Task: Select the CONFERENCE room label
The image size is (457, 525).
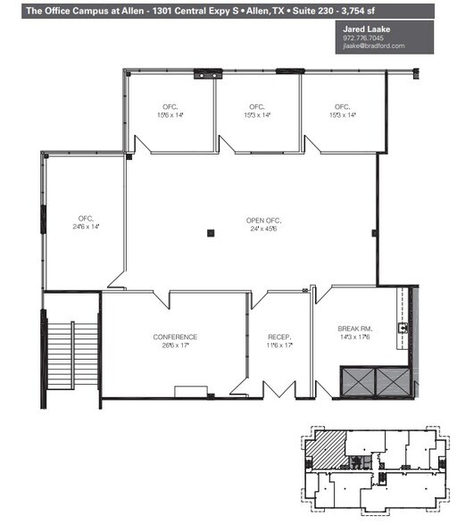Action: pos(175,337)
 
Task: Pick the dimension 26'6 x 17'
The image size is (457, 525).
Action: pos(175,346)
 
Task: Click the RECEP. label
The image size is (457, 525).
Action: pos(279,337)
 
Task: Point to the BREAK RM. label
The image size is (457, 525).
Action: pos(354,329)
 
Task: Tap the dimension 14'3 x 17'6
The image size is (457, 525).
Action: pos(354,337)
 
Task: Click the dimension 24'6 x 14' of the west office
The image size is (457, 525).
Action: pos(86,228)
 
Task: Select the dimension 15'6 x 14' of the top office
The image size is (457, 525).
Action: pos(170,115)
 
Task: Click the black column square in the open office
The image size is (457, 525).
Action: pos(211,234)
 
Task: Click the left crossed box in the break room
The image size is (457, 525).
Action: pos(358,382)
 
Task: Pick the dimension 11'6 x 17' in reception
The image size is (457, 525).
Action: pos(279,346)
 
